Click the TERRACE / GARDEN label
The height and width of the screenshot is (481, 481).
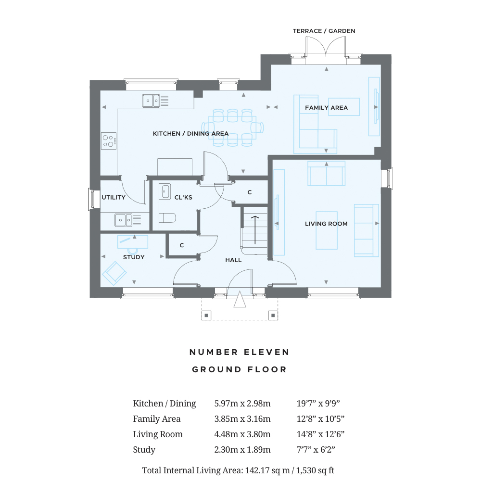pyautogui.click(x=324, y=31)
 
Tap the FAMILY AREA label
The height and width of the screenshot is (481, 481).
pyautogui.click(x=326, y=108)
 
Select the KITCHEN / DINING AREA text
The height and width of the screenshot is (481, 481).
pyautogui.click(x=190, y=133)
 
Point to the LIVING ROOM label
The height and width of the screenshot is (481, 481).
pyautogui.click(x=326, y=224)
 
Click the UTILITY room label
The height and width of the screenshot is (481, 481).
pyautogui.click(x=114, y=197)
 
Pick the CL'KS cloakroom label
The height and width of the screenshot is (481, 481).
pyautogui.click(x=183, y=197)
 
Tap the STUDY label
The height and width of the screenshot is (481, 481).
pyautogui.click(x=134, y=257)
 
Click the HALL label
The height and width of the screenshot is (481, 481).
pyautogui.click(x=233, y=260)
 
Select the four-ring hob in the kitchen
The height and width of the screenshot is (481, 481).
pyautogui.click(x=109, y=141)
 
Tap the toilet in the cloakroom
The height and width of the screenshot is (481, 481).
pyautogui.click(x=167, y=218)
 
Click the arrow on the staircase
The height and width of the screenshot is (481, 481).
pyautogui.click(x=255, y=230)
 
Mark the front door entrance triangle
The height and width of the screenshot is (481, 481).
pyautogui.click(x=240, y=299)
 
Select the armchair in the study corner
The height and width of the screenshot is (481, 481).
pyautogui.click(x=114, y=273)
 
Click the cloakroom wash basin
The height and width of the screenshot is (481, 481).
pyautogui.click(x=165, y=192)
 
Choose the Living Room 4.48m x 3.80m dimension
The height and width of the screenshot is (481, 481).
pyautogui.click(x=242, y=434)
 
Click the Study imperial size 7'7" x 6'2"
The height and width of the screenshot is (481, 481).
pyautogui.click(x=316, y=449)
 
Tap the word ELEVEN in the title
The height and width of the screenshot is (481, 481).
pyautogui.click(x=266, y=352)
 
